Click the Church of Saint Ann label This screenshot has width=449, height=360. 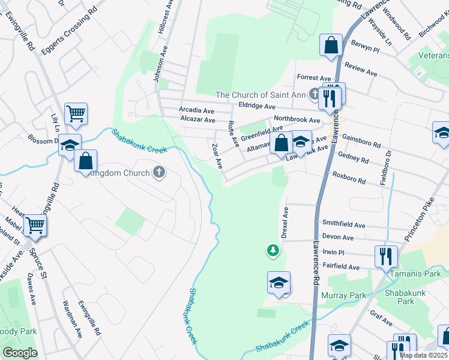point(261,95)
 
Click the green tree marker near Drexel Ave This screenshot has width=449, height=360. point(273,250)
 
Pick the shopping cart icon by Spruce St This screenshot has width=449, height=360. point(35,226)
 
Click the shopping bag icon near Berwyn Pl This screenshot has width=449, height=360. point(331,45)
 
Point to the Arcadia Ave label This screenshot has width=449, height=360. point(197,110)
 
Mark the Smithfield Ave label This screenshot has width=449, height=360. point(343,225)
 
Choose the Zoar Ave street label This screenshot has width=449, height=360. point(217,155)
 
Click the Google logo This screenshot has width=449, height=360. point(20,353)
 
